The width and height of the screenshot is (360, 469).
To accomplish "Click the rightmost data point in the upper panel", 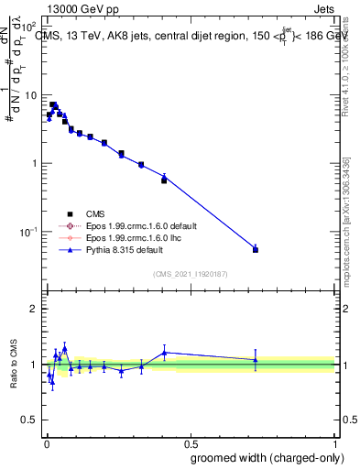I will (256, 249).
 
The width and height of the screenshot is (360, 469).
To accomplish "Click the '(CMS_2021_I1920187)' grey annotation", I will (190, 274).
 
